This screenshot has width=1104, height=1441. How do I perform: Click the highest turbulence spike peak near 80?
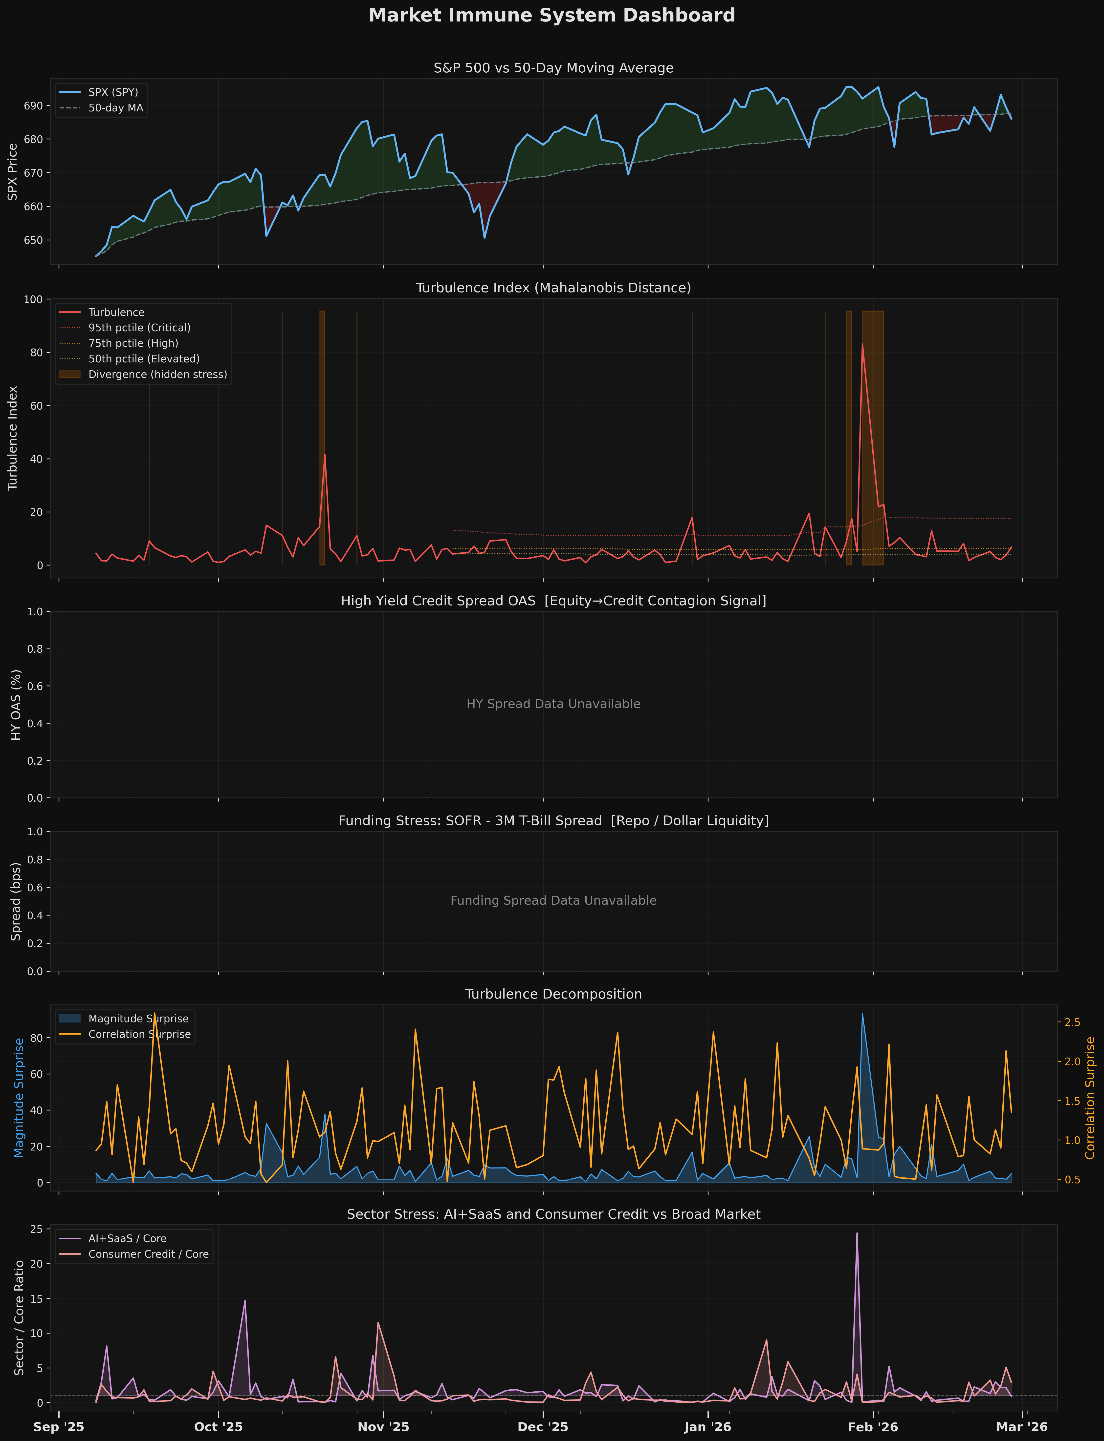(862, 344)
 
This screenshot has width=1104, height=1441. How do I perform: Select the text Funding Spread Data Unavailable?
(553, 900)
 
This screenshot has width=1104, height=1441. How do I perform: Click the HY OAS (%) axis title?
(16, 705)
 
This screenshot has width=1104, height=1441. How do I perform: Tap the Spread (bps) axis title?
(16, 901)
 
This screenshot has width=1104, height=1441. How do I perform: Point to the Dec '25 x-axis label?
(543, 1427)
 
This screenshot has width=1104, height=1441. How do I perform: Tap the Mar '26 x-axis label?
(1022, 1427)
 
